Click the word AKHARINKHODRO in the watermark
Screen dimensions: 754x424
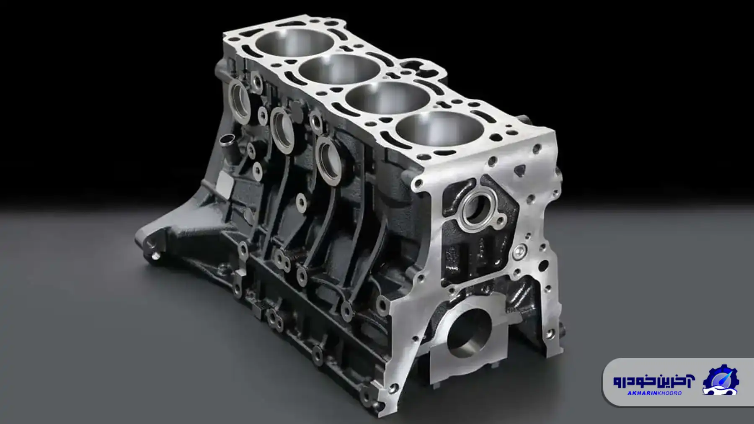[x=654, y=393]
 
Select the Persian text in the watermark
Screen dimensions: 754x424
[x=653, y=380]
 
